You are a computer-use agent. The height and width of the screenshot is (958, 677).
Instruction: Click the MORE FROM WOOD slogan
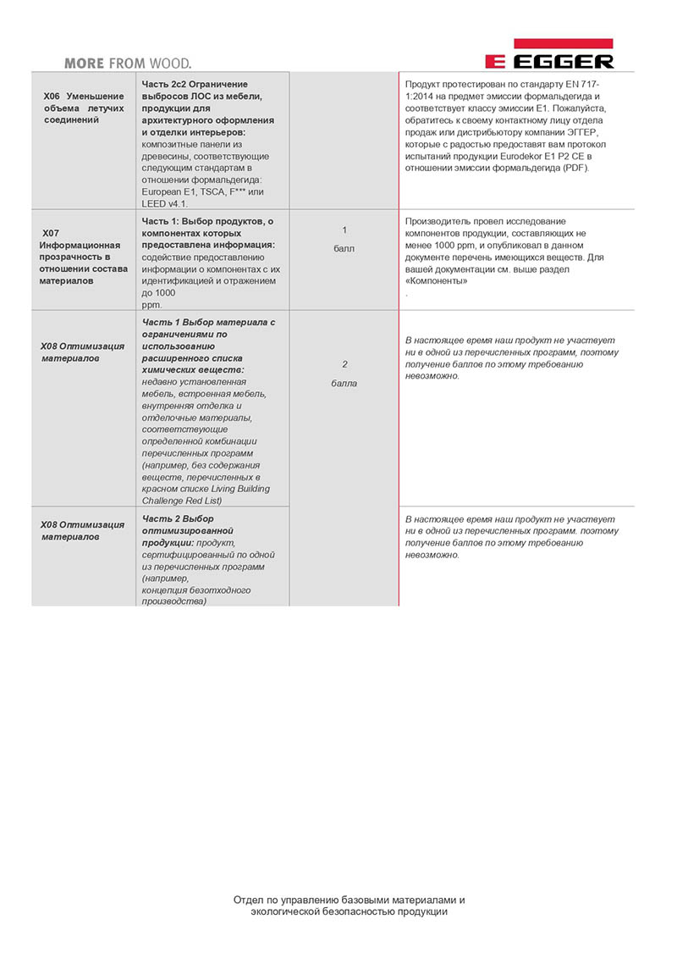[x=128, y=63]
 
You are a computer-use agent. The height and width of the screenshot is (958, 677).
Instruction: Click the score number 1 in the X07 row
[x=344, y=230]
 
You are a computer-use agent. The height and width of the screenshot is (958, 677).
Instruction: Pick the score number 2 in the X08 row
[x=344, y=364]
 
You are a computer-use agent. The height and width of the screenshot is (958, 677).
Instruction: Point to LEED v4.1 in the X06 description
[x=165, y=203]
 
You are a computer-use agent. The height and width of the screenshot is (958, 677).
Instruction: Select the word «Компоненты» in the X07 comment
[x=437, y=280]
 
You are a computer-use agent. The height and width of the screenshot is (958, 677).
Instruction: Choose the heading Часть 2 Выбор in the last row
[x=179, y=518]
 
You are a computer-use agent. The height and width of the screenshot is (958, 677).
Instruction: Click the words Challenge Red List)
[x=187, y=500]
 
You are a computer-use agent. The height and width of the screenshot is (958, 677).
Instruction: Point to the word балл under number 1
[x=344, y=249]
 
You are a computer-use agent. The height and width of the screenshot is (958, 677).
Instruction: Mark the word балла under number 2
[x=344, y=383]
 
